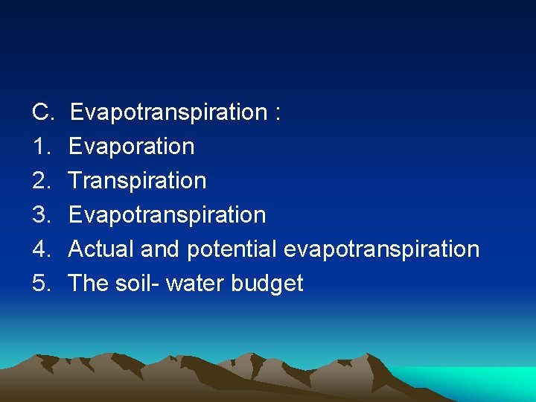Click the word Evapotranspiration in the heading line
pyautogui.click(x=168, y=112)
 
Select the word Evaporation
pyautogui.click(x=131, y=147)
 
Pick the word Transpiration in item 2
pyautogui.click(x=137, y=181)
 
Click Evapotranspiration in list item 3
pyautogui.click(x=167, y=215)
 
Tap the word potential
pyautogui.click(x=232, y=249)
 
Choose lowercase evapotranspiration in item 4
pyautogui.click(x=381, y=249)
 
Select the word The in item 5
pyautogui.click(x=89, y=284)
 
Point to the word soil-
pyautogui.click(x=138, y=284)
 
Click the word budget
pyautogui.click(x=270, y=284)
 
